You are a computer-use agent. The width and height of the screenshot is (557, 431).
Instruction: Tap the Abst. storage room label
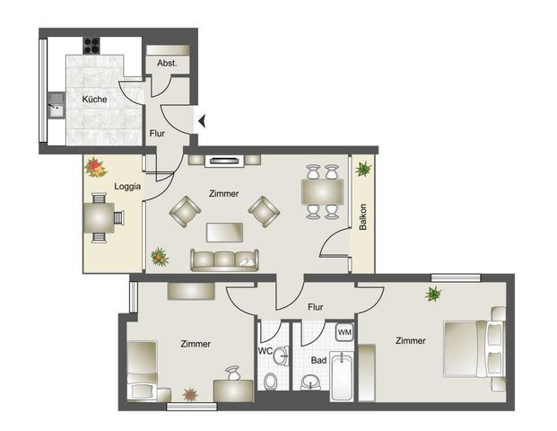coord(167,64)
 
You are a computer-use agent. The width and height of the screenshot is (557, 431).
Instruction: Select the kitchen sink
coord(55,107)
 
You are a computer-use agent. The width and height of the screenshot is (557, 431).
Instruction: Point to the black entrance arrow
coord(203,119)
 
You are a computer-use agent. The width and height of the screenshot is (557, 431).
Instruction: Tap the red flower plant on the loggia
coord(94,166)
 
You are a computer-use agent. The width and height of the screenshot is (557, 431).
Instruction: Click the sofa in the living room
coord(222,260)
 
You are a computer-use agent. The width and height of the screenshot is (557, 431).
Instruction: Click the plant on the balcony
coord(362,169)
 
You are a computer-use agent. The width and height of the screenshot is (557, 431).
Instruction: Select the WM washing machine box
coord(344,332)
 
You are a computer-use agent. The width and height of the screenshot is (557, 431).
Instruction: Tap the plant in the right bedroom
coord(434,295)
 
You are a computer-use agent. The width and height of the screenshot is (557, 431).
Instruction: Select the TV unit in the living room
coord(222,162)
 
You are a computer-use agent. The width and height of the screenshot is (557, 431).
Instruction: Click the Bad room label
coord(318,360)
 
